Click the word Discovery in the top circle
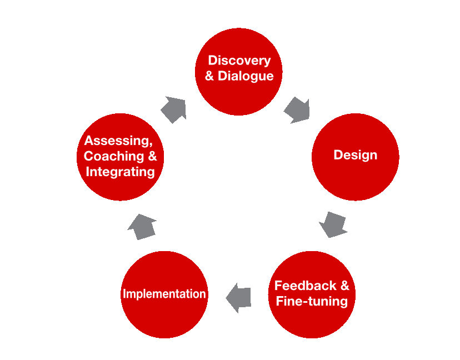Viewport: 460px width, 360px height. pos(239,61)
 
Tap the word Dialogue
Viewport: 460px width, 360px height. pos(246,76)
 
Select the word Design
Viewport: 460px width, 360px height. pos(355,155)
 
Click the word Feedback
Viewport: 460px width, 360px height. pos(305,286)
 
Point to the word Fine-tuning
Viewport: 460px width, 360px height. pos(312,302)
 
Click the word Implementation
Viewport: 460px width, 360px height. pos(164,294)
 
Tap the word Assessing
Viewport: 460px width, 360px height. pos(116,141)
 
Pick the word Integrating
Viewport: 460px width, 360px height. pos(120,172)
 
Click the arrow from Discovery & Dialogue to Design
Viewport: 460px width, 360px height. pos(297,110)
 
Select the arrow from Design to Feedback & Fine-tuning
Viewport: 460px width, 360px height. pos(333,224)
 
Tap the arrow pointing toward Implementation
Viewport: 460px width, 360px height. pos(239,298)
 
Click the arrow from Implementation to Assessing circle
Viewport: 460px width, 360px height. pos(142,226)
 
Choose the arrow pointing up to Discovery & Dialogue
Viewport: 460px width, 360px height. pos(174,109)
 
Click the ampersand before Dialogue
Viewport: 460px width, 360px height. pos(209,76)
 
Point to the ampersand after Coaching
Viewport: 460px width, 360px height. pos(152,156)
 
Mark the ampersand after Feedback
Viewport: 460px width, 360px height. pos(344,286)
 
